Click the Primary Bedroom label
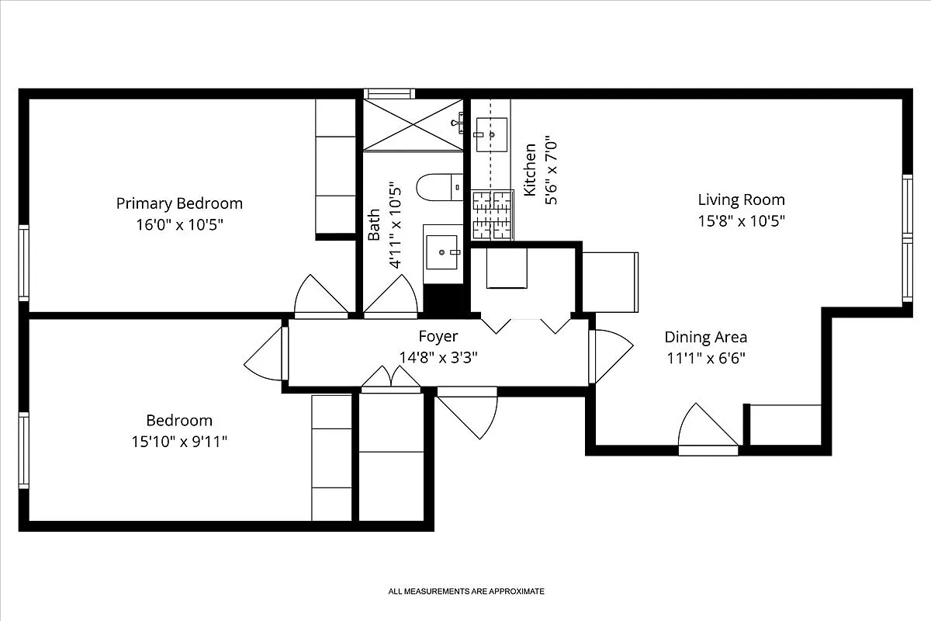(x=179, y=203)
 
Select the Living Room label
(x=741, y=199)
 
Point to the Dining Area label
(x=705, y=337)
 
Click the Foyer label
(x=438, y=336)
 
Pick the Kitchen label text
(x=531, y=168)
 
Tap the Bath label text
(x=374, y=224)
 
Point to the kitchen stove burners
(x=493, y=214)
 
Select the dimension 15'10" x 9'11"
(x=179, y=442)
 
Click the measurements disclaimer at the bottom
(x=466, y=592)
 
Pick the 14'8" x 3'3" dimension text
(x=438, y=357)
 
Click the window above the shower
(x=389, y=94)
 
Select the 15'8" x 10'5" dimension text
(x=741, y=220)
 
